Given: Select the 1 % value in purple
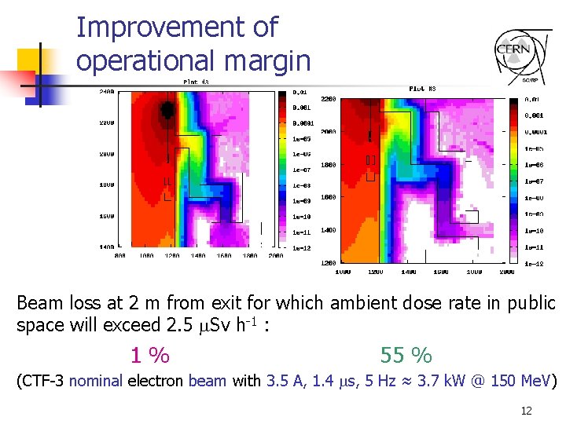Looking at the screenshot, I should point(149,356).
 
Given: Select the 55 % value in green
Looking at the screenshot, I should point(406,356).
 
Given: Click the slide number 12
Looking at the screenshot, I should point(526,411).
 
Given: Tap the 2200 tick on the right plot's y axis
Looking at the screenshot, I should point(329,99).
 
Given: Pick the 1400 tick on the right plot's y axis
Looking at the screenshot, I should point(329,229).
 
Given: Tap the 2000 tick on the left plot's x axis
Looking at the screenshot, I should point(275,255).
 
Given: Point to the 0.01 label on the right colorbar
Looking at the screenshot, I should point(532,100).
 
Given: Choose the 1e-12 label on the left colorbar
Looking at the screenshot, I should point(301,248).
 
